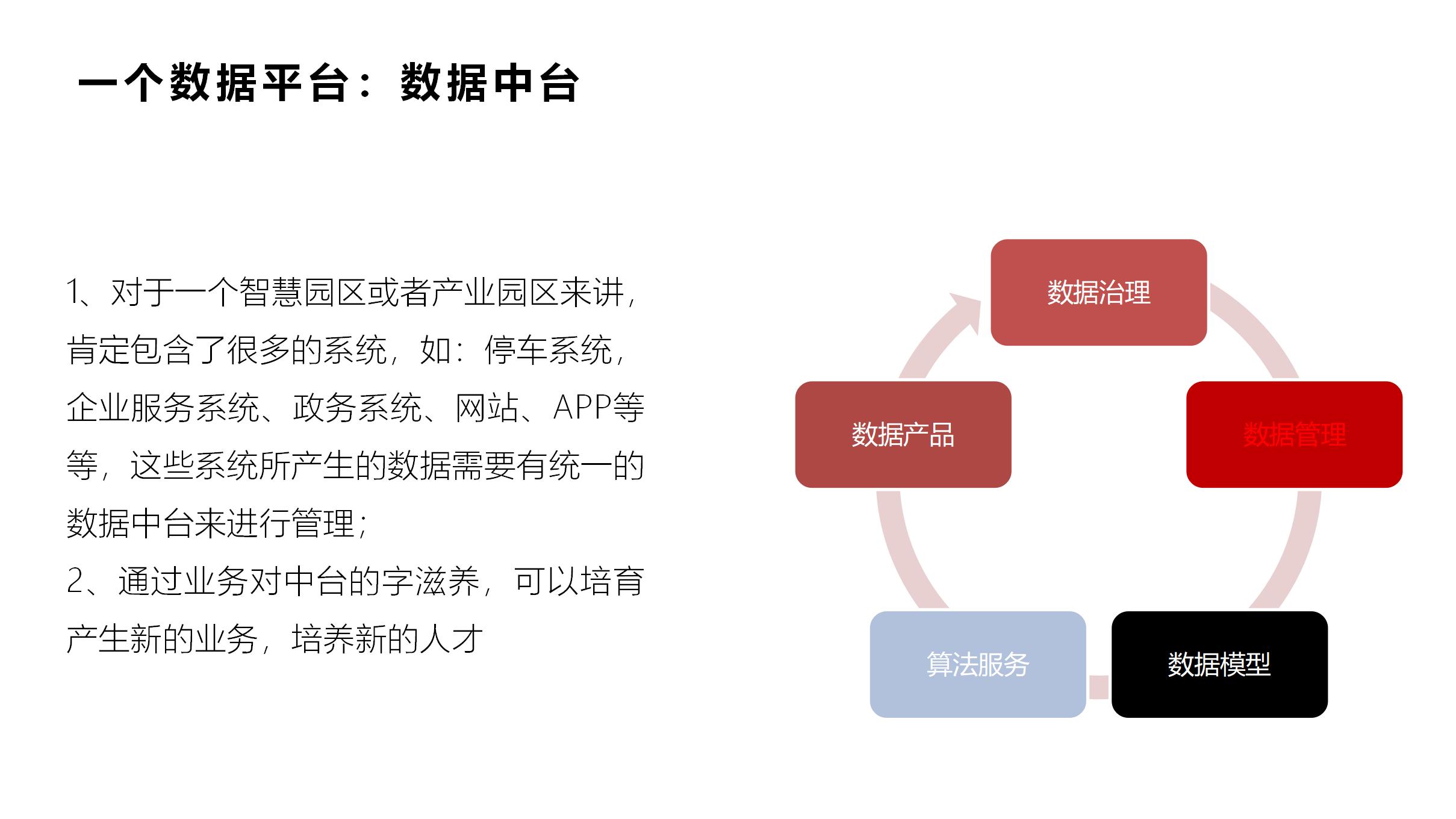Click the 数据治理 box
point(1098,293)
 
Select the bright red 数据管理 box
point(1294,434)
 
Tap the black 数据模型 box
point(1219,664)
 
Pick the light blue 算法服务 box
point(978,664)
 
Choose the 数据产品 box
point(903,434)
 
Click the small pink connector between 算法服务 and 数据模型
point(1098,687)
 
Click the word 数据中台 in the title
point(489,83)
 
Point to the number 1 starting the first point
point(73,292)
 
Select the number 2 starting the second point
point(75,581)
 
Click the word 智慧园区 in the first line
point(303,292)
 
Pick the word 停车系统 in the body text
point(548,350)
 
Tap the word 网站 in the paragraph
point(487,408)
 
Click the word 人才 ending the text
point(452,639)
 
